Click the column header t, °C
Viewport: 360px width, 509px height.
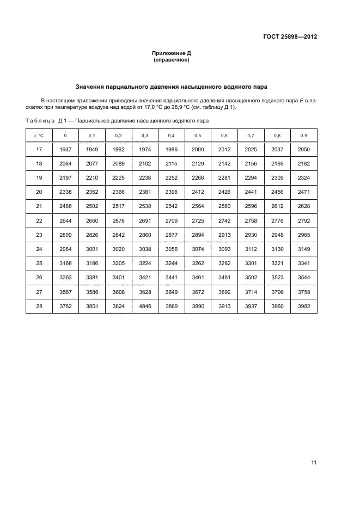coord(39,136)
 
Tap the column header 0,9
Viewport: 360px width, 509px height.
coord(303,136)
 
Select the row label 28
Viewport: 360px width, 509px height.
coord(39,307)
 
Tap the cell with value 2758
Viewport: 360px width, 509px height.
coord(251,221)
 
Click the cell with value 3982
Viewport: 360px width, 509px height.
coord(303,307)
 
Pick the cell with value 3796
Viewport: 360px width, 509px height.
coord(277,293)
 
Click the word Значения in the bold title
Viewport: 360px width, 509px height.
coord(91,87)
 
